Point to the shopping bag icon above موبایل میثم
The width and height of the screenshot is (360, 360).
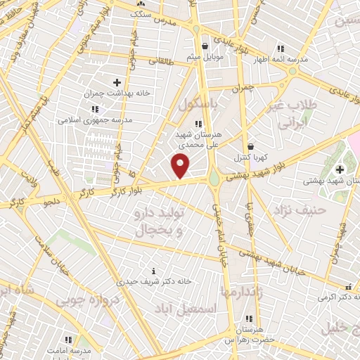205,46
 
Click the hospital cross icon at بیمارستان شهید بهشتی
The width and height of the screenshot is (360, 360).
340,169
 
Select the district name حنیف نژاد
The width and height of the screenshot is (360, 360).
300,210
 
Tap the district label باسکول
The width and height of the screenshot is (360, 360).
199,104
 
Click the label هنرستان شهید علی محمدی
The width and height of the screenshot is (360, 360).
196,138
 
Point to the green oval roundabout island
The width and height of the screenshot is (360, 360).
214,179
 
